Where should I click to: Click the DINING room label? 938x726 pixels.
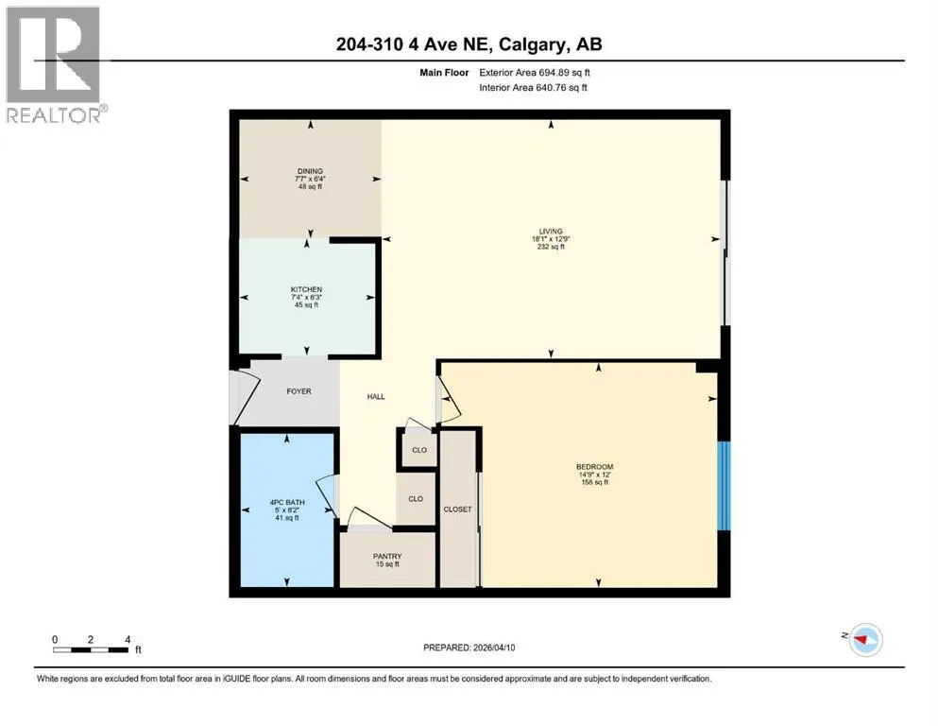310,171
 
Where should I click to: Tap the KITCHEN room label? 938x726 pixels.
306,289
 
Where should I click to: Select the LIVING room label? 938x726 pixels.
551,231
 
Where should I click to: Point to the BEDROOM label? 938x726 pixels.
594,467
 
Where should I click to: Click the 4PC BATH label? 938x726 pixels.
287,503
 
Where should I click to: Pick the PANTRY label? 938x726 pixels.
387,556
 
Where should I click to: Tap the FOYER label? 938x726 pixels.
299,391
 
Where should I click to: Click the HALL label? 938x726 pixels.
376,397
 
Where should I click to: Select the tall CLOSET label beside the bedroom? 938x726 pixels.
457,510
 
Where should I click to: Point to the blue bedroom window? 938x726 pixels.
724,486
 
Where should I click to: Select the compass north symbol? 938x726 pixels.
865,639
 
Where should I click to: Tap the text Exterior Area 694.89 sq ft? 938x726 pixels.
535,73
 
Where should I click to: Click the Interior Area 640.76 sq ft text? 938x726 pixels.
533,87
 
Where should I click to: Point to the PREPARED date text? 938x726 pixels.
469,648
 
